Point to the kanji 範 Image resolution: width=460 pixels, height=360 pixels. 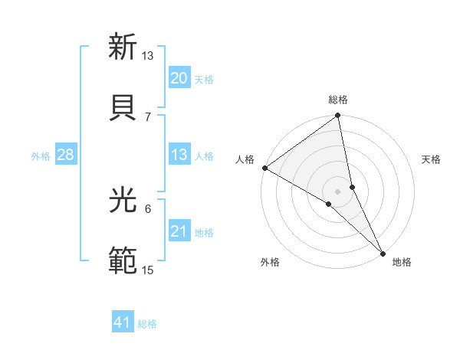pos(123,261)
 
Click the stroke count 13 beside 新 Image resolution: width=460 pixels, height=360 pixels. pos(148,56)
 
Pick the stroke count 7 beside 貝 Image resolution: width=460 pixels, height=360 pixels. pos(148,116)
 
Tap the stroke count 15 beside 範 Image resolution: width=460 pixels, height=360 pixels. pos(148,270)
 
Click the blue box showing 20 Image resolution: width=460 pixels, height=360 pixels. pos(179,78)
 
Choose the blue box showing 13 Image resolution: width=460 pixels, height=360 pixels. pos(179,155)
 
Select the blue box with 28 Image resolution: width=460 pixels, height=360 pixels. pos(65,155)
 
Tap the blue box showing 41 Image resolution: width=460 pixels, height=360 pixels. pos(123,322)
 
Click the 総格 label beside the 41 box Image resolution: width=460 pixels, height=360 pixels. pos(147,324)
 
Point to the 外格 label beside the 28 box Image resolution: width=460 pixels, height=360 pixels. pos(41,156)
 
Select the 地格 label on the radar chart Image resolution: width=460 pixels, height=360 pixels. pos(402,262)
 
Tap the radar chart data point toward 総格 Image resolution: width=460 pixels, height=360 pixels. pos(338,116)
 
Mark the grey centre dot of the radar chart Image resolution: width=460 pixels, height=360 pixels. pos(338,191)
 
